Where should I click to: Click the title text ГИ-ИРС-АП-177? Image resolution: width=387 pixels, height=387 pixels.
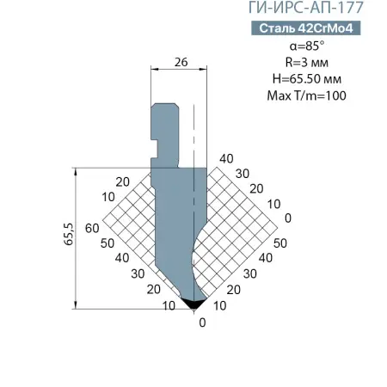305,8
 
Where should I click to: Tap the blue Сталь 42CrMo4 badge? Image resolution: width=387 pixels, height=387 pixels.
306,28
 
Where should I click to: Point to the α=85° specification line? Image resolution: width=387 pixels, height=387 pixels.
307,46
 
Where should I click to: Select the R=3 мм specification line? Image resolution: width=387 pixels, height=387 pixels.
307,62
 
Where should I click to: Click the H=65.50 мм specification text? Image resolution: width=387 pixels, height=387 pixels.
307,79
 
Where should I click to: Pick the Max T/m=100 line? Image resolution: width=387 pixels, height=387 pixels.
307,95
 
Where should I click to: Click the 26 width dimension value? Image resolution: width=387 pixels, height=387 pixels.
181,62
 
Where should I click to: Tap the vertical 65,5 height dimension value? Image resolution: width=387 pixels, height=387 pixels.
69,234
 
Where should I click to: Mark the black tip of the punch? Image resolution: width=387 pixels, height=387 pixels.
194,304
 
